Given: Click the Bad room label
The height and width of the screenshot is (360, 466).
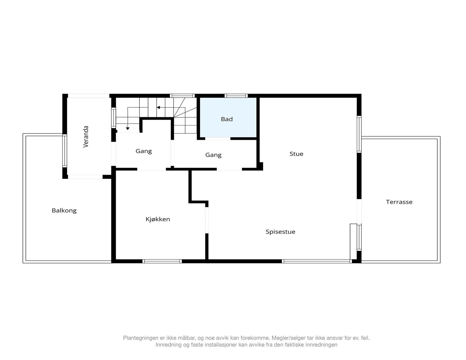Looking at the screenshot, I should pos(227,119).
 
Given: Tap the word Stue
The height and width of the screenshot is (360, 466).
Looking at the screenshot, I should pos(296,154).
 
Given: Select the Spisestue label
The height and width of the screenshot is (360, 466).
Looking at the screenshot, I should pos(280,232).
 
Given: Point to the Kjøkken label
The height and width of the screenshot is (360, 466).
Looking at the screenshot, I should pos(158,219).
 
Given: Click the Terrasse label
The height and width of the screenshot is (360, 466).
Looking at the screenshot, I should pos(399,202).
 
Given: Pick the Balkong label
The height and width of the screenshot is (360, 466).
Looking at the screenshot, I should pos(64,211).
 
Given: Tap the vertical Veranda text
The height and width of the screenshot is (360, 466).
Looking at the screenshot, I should pos(86,136).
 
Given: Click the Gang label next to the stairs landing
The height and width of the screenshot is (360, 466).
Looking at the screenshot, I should pos(144,151).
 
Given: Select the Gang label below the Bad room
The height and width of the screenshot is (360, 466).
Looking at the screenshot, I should pos(213,155).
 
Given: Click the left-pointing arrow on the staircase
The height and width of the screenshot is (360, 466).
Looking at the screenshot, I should pos(158,107).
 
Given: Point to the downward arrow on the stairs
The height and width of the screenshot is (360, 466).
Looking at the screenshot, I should pos(128,128).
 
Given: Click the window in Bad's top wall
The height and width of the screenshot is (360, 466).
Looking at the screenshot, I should pos(236,96).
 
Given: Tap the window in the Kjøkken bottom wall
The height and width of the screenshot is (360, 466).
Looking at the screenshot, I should pos(162,261).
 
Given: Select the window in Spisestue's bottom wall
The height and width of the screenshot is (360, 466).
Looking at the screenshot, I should pos(317,261).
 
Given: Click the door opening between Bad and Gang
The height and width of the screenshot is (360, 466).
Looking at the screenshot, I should pos(218,139).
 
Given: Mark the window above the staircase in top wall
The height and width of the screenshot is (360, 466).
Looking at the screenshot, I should pos(182,96).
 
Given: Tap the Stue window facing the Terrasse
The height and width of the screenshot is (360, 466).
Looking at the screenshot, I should pos(359,134).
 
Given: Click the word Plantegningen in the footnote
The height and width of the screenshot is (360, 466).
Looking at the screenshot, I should pos(141,338).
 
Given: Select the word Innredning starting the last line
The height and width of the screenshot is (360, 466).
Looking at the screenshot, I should pos(168,345).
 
